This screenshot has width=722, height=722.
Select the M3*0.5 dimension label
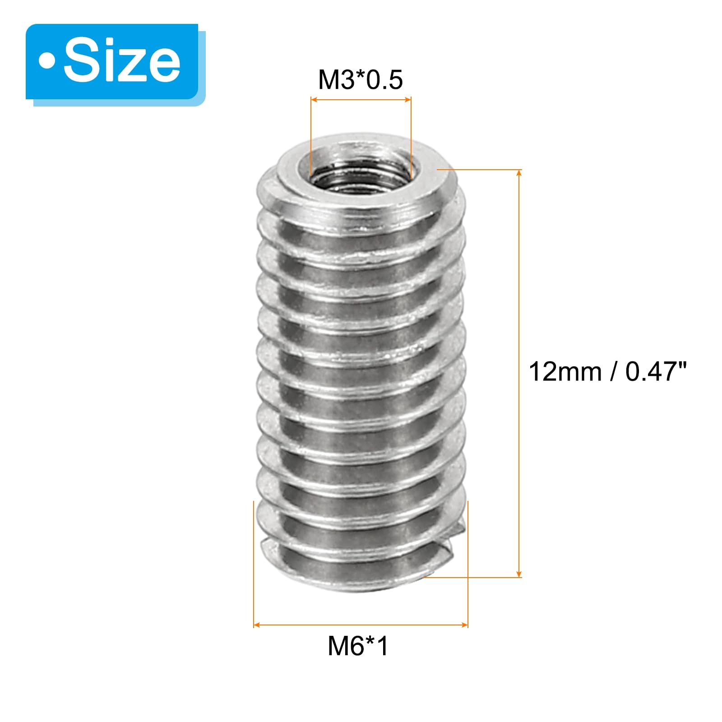click(360, 80)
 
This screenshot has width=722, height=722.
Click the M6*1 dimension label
click(358, 646)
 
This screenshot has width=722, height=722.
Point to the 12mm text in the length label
click(565, 372)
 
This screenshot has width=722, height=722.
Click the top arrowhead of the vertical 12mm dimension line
click(519, 174)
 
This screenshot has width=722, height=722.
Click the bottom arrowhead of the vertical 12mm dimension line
click(519, 573)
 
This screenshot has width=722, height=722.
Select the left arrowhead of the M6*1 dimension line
click(258, 625)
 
